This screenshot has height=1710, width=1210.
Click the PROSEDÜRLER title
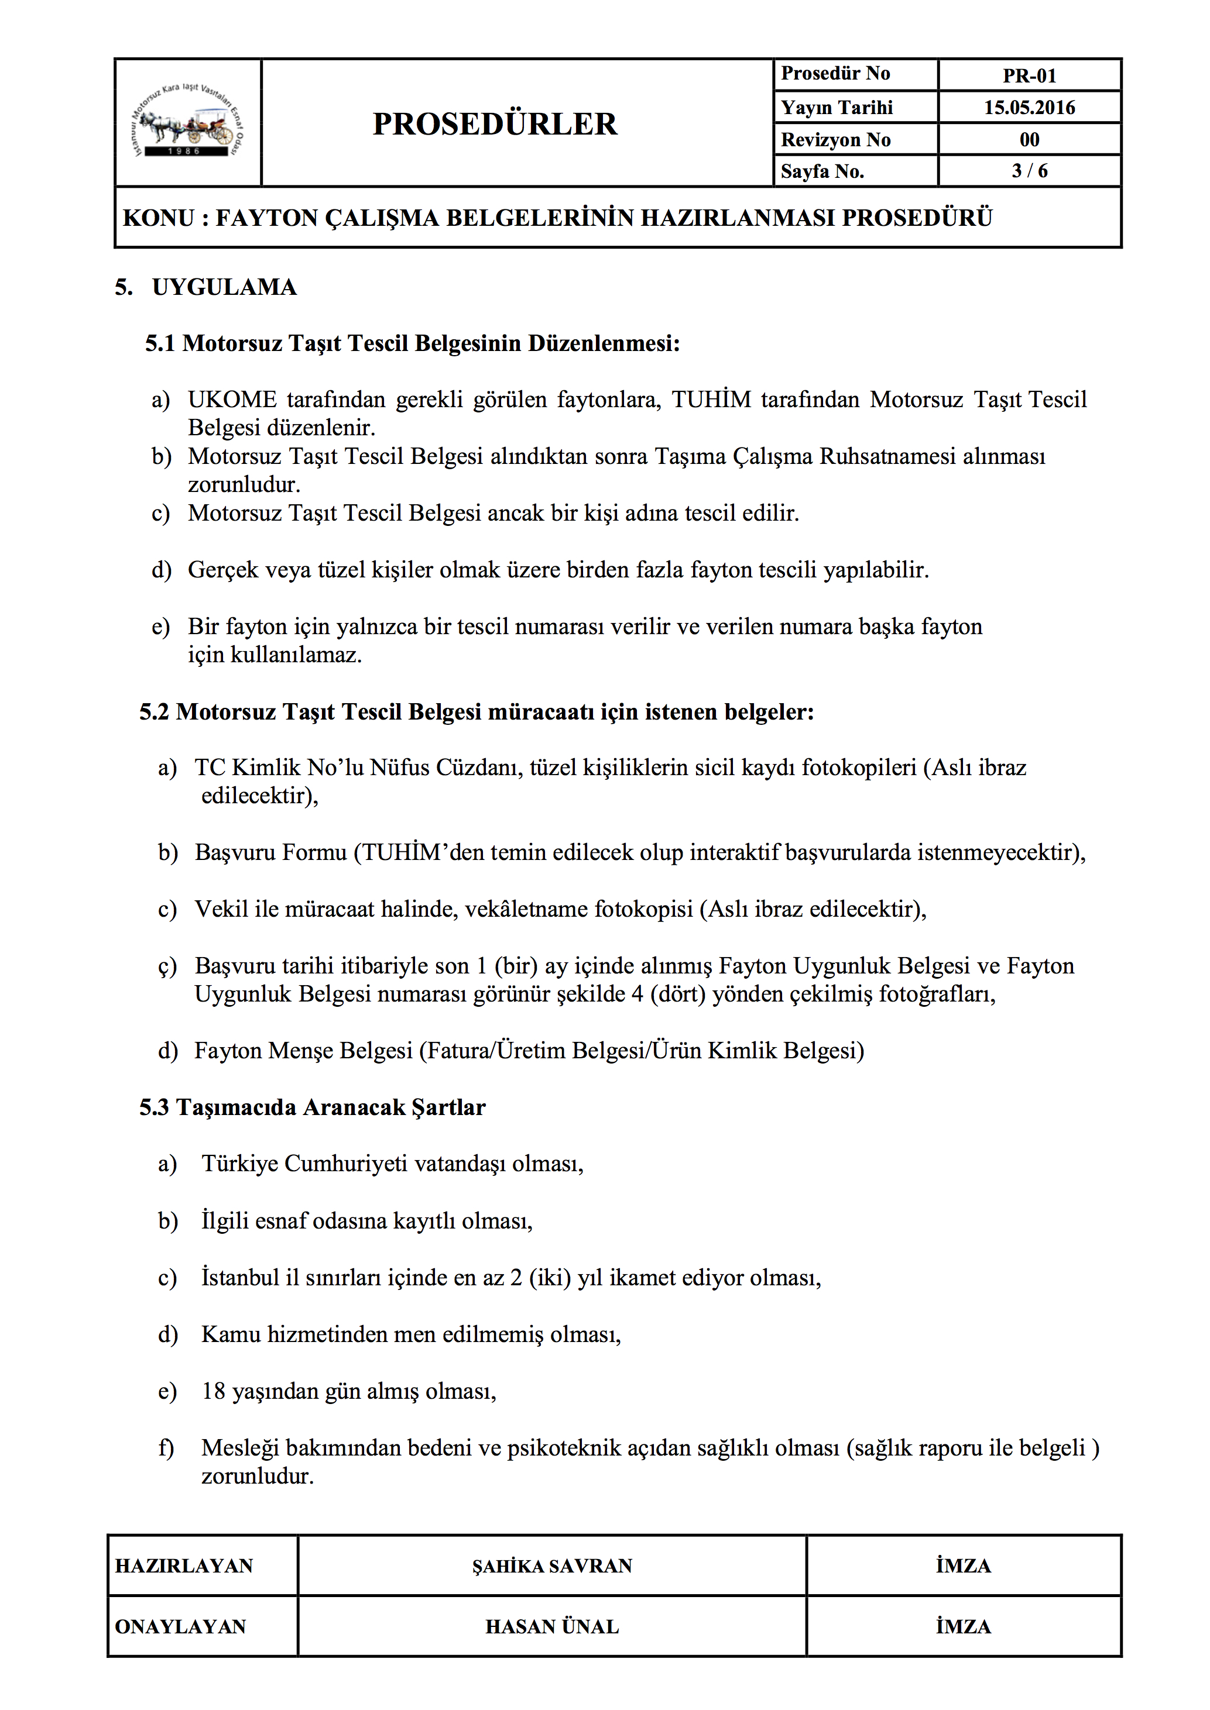(x=495, y=123)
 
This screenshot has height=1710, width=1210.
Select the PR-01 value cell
(x=1029, y=75)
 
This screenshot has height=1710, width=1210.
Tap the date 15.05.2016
(x=1029, y=107)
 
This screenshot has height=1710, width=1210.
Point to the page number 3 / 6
(x=1029, y=171)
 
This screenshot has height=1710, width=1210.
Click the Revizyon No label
(x=835, y=139)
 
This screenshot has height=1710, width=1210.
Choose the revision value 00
(x=1029, y=139)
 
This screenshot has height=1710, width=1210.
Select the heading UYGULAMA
(x=224, y=287)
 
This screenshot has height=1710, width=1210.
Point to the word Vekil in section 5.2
(x=221, y=909)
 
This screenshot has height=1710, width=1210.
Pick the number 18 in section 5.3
(x=213, y=1391)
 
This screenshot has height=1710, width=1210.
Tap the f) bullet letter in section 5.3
(x=166, y=1448)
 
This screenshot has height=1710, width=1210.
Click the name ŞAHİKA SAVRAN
(x=552, y=1566)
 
